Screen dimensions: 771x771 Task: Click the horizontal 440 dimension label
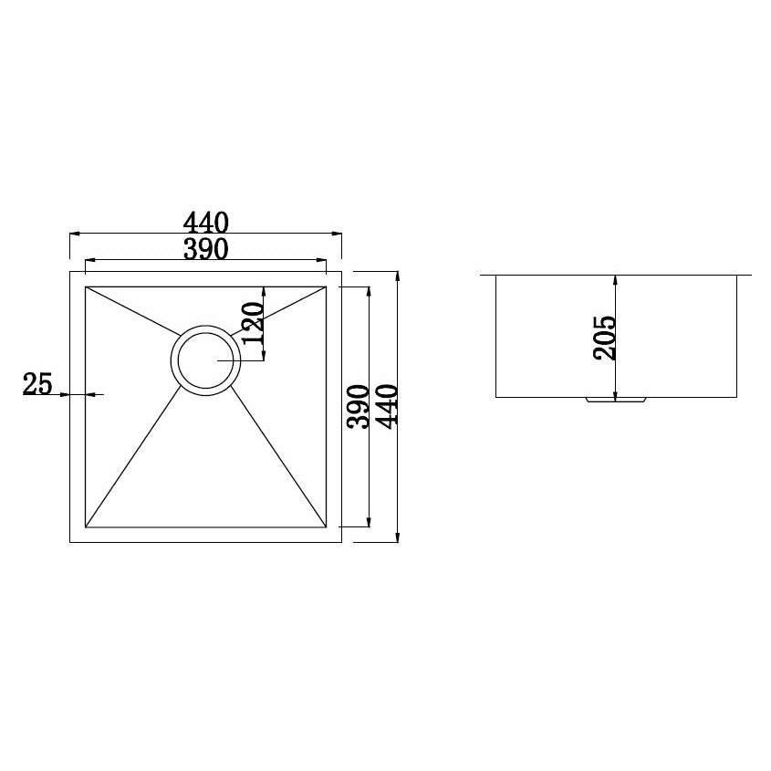[x=205, y=222]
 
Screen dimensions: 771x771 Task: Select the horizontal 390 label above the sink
[x=205, y=249]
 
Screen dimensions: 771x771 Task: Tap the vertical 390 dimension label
[x=358, y=406]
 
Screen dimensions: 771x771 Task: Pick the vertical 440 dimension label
[x=386, y=406]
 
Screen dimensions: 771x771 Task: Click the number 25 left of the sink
[x=36, y=385]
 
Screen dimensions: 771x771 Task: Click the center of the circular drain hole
[x=206, y=360]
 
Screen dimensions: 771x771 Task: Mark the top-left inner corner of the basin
[x=86, y=287]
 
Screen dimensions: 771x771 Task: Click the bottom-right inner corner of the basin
[x=327, y=527]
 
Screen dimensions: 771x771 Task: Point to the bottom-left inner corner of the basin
[x=86, y=527]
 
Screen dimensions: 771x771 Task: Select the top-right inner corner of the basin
[x=327, y=287]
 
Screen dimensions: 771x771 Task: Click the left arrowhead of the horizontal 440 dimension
[x=73, y=234]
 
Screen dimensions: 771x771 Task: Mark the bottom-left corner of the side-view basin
[x=496, y=397]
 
